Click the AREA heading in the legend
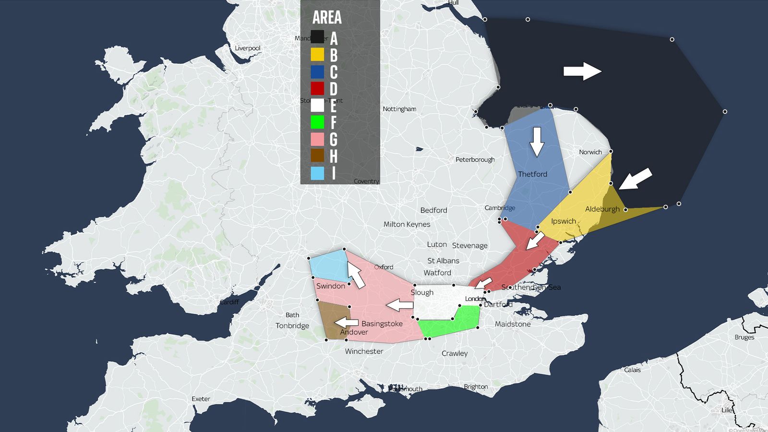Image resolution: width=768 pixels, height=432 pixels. pos(327,17)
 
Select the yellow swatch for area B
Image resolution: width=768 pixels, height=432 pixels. pos(317,54)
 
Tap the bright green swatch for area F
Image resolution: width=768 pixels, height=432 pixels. pos(317,122)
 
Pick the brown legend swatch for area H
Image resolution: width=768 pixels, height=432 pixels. pos(317,156)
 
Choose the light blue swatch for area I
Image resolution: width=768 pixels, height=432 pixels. pos(317,173)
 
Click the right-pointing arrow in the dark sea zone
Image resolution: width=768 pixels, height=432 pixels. pos(582,72)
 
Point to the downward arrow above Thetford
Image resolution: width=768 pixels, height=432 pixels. pos(537,142)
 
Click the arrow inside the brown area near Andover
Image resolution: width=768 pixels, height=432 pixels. pos(347,323)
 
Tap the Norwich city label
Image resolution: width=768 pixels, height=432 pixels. pos(590,152)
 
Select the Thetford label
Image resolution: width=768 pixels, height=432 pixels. pos(532,174)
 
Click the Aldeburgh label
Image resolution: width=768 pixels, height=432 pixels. pos(602,209)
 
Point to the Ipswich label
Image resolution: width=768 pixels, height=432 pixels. pos(563,221)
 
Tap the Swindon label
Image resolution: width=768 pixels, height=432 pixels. pos(330,286)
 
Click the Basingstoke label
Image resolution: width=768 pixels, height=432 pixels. pos(382,324)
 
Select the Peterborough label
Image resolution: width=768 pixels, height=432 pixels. pos(475,160)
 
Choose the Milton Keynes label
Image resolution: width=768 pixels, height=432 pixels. pos(407,225)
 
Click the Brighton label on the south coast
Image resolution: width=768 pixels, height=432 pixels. pos(475,387)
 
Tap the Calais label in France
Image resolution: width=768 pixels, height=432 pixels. pos(632,370)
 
